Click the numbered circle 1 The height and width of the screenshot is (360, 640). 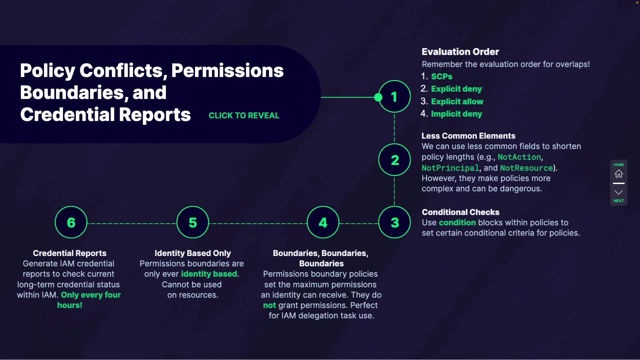(394, 97)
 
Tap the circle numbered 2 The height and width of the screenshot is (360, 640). (394, 160)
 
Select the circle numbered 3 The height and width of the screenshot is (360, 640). (394, 222)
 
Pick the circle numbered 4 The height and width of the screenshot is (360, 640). (323, 222)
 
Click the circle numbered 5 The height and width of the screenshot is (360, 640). (193, 222)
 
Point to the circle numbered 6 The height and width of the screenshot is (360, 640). (71, 222)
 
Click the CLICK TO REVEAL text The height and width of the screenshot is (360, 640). (244, 116)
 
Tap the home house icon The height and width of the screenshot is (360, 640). (619, 174)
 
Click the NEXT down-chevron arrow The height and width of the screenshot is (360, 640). (619, 193)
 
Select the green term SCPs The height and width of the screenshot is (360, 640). (442, 77)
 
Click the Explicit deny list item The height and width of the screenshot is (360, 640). (456, 89)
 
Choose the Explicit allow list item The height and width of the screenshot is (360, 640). (457, 102)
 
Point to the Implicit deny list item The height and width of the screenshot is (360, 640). (456, 114)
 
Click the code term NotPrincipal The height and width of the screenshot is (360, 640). (450, 168)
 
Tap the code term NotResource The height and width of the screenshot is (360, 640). (526, 168)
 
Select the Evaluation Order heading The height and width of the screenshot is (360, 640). (460, 52)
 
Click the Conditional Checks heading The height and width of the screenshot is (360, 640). (460, 212)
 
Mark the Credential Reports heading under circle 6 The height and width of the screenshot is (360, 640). (70, 253)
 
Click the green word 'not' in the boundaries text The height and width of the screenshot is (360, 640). (269, 305)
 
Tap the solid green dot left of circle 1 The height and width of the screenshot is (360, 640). (378, 97)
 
